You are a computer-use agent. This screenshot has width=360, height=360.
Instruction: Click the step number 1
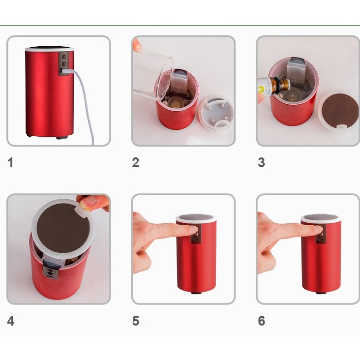click(10, 163)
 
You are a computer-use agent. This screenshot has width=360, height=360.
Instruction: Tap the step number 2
click(135, 163)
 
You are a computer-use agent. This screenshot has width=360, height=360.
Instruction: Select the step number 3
click(262, 163)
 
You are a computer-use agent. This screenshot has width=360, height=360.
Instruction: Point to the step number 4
click(11, 321)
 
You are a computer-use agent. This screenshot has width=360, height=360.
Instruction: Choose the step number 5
click(136, 321)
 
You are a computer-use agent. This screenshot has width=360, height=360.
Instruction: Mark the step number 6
click(262, 321)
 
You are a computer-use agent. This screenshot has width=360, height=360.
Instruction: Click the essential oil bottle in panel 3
click(274, 87)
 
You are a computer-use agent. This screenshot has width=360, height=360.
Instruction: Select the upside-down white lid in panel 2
click(216, 113)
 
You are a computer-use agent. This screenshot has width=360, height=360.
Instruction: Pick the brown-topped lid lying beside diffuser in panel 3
click(339, 112)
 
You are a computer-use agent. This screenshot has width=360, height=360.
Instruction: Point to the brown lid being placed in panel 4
click(63, 229)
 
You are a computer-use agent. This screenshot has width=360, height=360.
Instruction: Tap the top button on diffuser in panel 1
click(64, 56)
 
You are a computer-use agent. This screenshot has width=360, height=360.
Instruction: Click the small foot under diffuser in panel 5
click(196, 293)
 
